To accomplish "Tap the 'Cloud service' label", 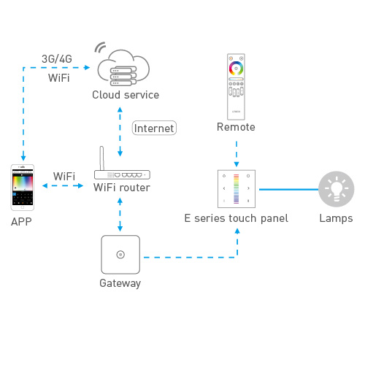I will (x=125, y=95).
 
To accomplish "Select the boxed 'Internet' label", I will (x=155, y=128).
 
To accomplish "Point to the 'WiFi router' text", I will (x=122, y=188).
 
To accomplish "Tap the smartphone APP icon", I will (x=23, y=187).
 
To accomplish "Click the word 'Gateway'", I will (x=120, y=283).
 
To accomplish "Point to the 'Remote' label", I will (x=236, y=128).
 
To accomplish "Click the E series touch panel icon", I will (x=236, y=188).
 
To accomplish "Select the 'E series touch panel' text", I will (x=236, y=218).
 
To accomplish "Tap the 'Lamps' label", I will (x=336, y=218).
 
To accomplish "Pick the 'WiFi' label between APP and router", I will (x=64, y=177).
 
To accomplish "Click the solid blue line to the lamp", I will (x=288, y=188).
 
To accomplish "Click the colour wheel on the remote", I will (x=236, y=66).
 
